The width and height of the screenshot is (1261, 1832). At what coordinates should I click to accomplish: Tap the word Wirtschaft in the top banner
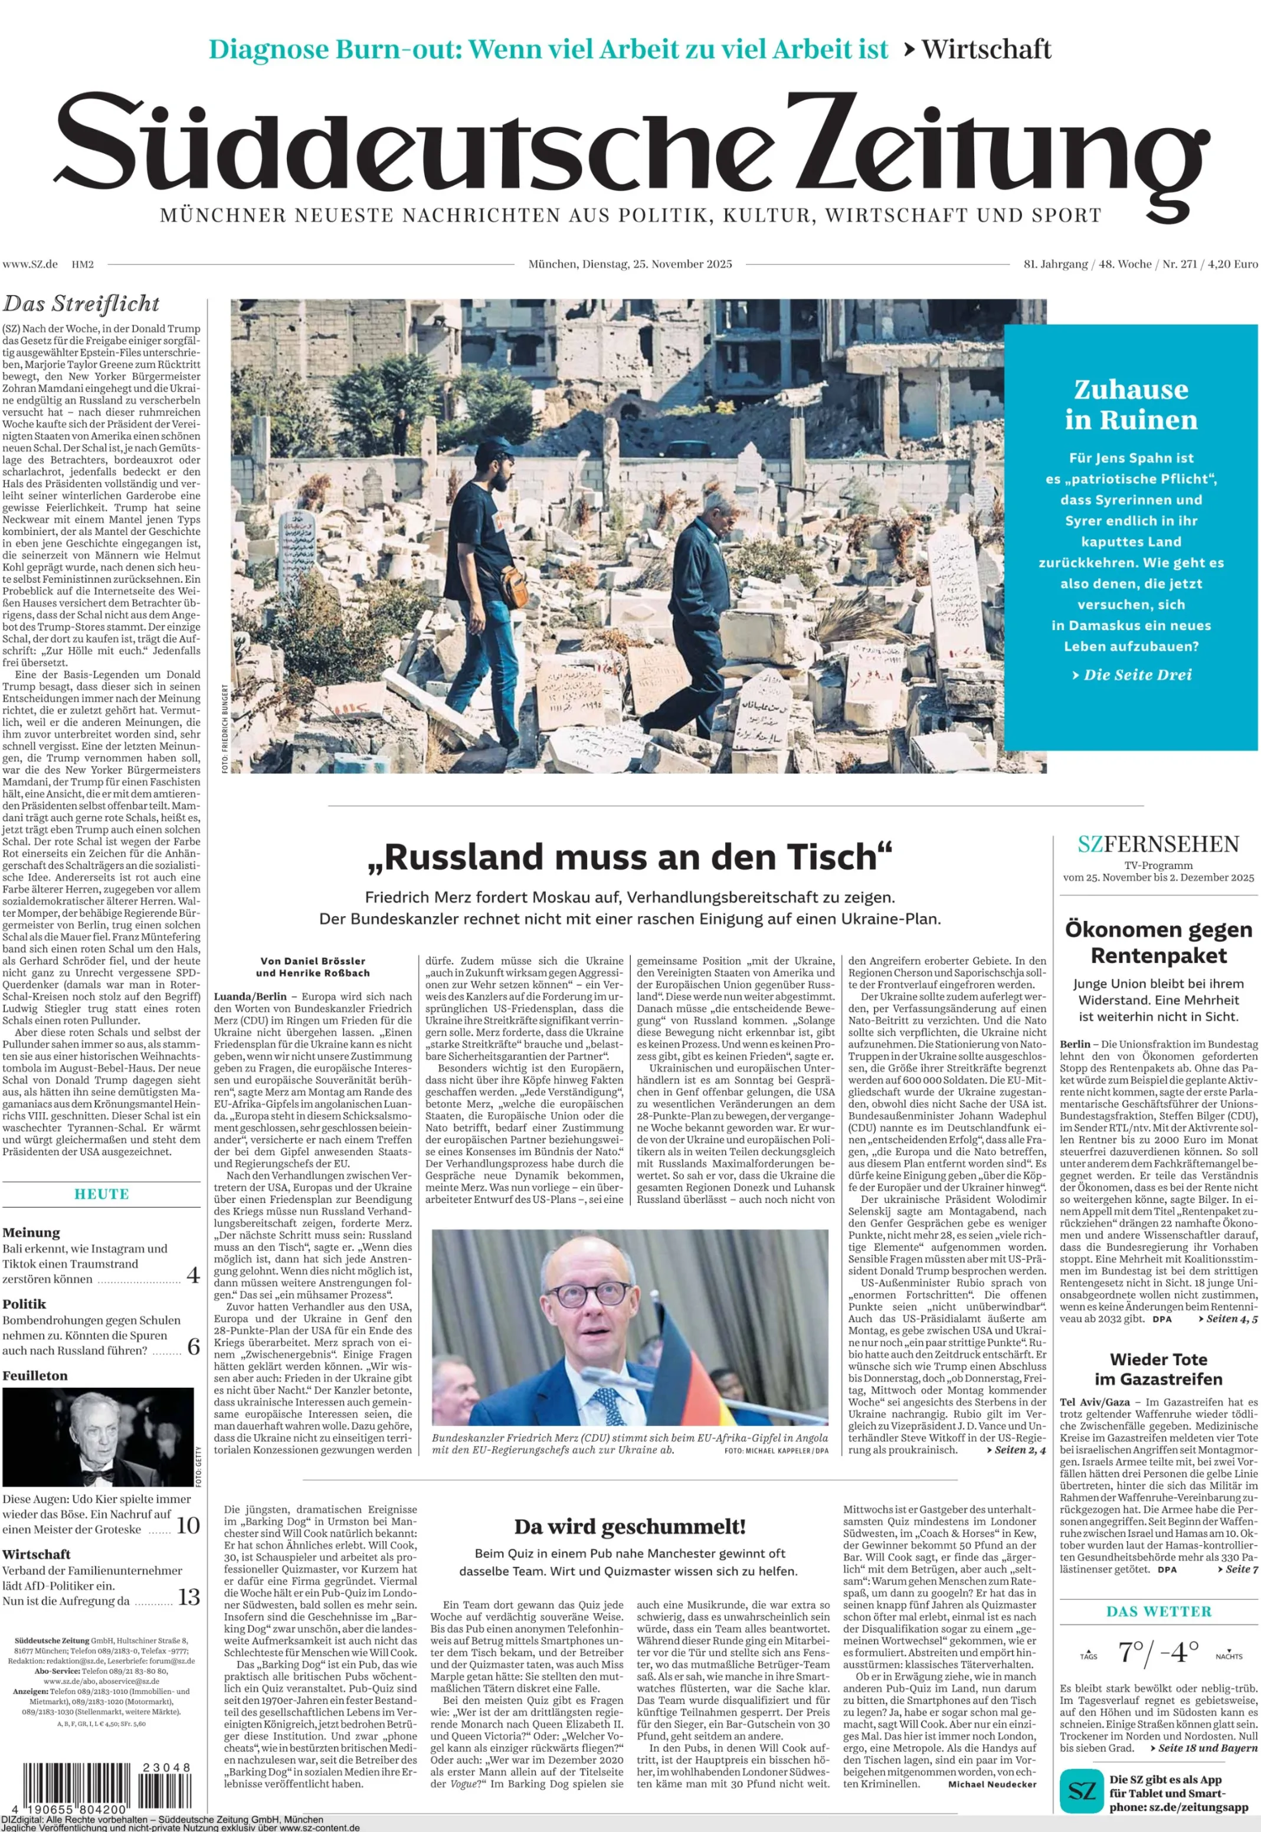tap(986, 50)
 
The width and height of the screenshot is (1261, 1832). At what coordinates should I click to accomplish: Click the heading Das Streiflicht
tap(81, 304)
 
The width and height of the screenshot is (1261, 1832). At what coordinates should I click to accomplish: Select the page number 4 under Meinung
tap(192, 1275)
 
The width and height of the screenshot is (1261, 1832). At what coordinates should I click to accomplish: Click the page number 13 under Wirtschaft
tap(188, 1597)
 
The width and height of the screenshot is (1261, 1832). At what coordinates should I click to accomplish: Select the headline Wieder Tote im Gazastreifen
tap(1158, 1369)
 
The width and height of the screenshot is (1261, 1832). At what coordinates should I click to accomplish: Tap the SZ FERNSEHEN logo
tap(1158, 844)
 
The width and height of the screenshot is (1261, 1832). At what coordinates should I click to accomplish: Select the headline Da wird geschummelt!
tap(630, 1526)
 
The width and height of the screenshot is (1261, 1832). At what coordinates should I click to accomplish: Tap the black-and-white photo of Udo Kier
tap(98, 1437)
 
